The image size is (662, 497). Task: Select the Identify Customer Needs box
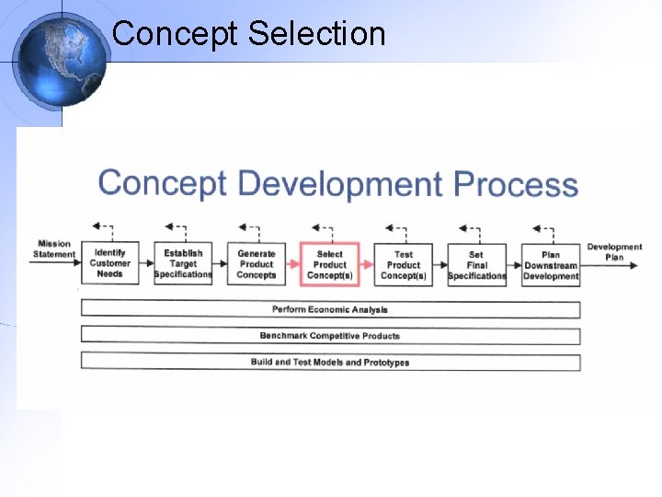(x=109, y=264)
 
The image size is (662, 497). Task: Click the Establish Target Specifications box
(x=183, y=264)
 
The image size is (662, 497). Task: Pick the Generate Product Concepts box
(x=257, y=264)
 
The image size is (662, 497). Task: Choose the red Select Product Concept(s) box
(x=329, y=264)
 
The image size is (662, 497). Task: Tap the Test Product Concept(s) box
(x=404, y=264)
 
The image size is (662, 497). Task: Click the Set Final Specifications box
(x=476, y=264)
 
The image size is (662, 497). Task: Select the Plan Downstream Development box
(x=551, y=264)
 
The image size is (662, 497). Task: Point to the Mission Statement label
(x=54, y=249)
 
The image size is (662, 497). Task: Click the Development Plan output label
(x=614, y=252)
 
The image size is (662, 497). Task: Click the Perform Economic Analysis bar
(x=330, y=309)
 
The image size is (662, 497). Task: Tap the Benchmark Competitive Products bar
(x=330, y=336)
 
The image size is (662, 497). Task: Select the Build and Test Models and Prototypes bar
(x=330, y=362)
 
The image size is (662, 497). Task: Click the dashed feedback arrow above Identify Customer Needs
(x=103, y=228)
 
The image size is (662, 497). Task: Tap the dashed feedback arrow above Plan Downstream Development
(x=542, y=228)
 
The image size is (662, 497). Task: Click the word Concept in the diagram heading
(x=162, y=183)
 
